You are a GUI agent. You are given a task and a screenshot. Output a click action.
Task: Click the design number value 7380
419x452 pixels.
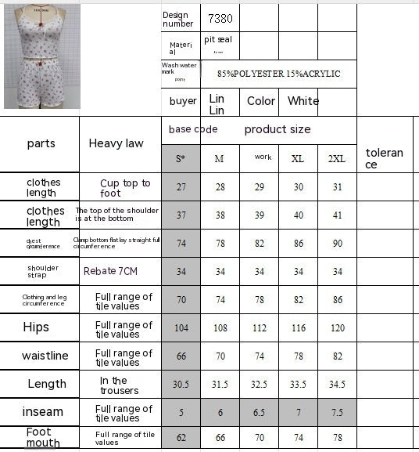(221, 18)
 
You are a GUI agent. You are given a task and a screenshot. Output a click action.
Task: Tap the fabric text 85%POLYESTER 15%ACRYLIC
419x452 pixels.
(279, 74)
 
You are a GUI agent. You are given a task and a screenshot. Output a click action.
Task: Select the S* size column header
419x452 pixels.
(181, 158)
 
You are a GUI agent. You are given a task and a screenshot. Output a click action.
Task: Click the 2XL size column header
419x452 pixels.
(336, 158)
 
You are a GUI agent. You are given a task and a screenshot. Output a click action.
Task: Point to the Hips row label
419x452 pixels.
(36, 327)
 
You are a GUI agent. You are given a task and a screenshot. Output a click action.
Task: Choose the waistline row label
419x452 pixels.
(45, 356)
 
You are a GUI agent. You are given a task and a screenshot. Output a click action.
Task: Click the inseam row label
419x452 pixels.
(44, 412)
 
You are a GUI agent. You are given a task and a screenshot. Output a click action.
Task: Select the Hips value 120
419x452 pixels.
(336, 327)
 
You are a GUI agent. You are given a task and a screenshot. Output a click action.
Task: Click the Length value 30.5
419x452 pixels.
(181, 385)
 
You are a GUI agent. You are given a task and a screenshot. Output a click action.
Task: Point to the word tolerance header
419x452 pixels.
(384, 158)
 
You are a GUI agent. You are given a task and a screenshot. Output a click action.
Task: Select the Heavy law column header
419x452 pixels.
(116, 143)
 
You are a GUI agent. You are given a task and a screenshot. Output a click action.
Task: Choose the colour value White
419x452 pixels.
(303, 101)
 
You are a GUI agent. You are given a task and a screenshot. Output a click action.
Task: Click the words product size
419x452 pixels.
(277, 129)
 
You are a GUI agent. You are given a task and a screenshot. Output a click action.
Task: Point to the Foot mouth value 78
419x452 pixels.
(336, 438)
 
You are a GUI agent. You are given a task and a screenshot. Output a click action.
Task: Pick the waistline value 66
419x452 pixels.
(181, 356)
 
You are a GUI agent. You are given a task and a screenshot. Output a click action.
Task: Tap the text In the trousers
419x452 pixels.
(119, 385)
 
